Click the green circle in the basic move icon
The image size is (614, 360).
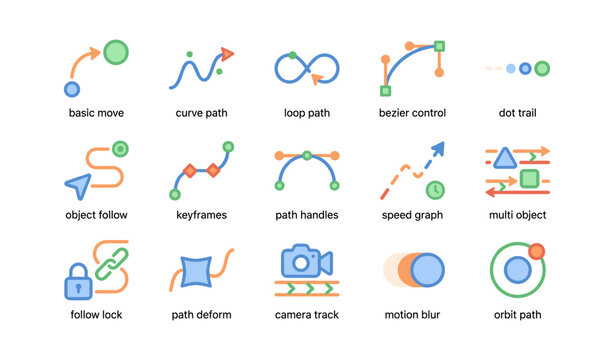coord(116,51)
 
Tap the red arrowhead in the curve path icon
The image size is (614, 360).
coord(228,53)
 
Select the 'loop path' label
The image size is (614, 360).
coord(307,113)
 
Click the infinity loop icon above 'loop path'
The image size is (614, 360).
coord(307,68)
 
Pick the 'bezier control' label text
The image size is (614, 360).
coord(413,113)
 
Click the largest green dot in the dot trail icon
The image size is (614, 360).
coord(542,69)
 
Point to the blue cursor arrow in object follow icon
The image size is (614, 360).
coord(77,184)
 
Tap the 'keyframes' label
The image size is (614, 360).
coord(201,214)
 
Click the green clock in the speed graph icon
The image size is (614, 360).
coord(435,189)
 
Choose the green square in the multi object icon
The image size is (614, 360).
coord(530,180)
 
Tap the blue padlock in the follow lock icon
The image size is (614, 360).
coord(78,286)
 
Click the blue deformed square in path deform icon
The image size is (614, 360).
coord(192,271)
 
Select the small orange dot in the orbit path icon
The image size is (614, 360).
coord(537,251)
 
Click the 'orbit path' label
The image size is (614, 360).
coord(517,315)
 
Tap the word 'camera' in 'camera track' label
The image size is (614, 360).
coord(293,315)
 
